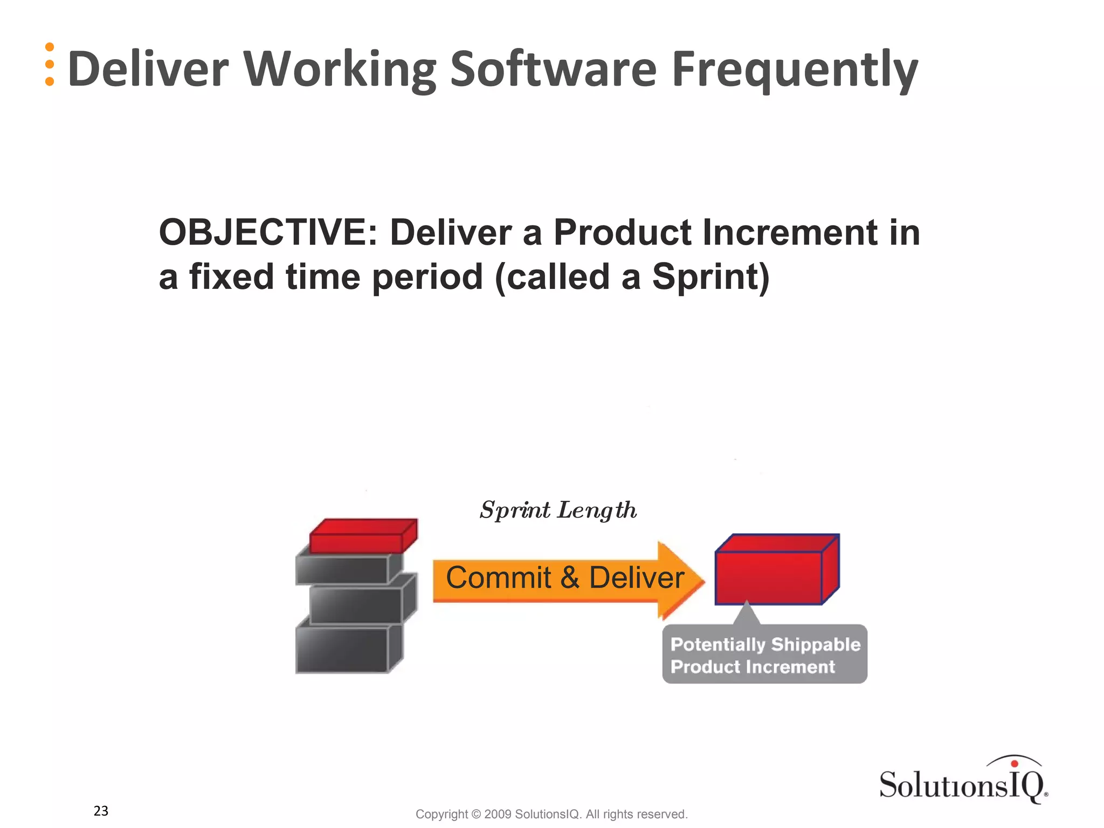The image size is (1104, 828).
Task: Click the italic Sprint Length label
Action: click(558, 510)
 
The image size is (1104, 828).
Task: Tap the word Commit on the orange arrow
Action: click(498, 578)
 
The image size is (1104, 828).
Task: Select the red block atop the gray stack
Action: click(362, 536)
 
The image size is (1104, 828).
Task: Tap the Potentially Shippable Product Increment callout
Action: click(764, 655)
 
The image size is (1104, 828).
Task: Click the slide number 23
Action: click(101, 811)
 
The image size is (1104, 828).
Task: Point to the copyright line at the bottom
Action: click(551, 814)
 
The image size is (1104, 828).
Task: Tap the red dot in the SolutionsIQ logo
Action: click(1014, 763)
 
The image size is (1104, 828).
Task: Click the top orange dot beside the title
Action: click(50, 47)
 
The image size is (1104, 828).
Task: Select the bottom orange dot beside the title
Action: click(50, 81)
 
